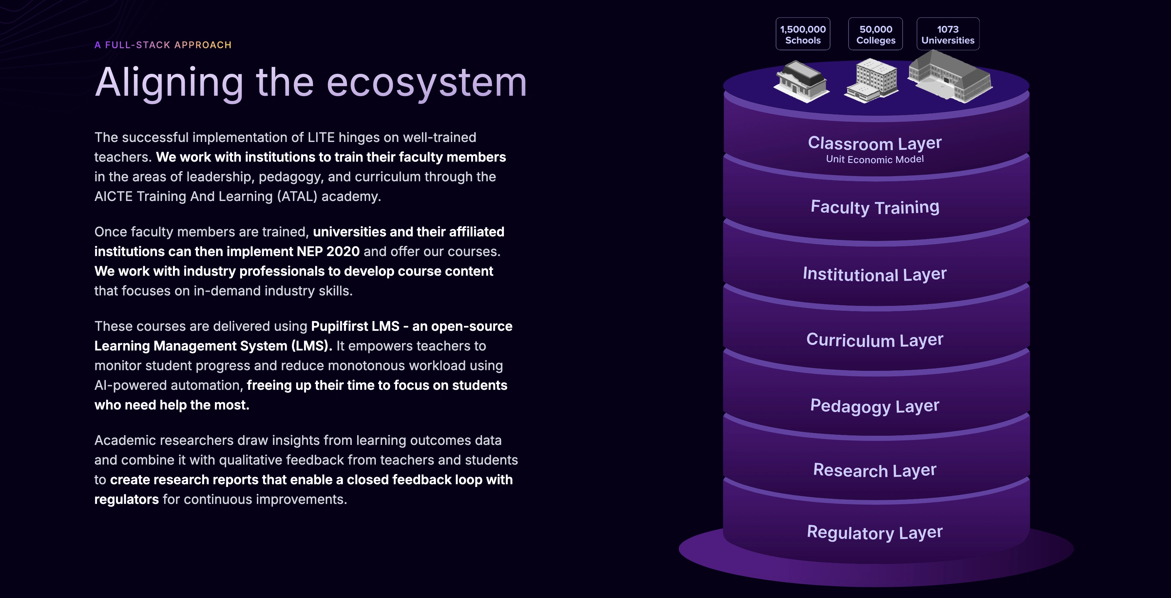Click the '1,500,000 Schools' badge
(803, 34)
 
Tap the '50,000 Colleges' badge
(875, 34)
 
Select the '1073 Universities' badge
(948, 34)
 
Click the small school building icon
(801, 82)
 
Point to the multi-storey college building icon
(872, 81)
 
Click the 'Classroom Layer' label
(874, 143)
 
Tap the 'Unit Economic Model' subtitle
(874, 159)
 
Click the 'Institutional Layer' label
(874, 274)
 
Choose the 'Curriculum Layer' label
(874, 340)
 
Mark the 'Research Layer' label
(874, 470)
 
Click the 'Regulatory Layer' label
(874, 532)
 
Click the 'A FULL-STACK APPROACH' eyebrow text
(163, 45)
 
